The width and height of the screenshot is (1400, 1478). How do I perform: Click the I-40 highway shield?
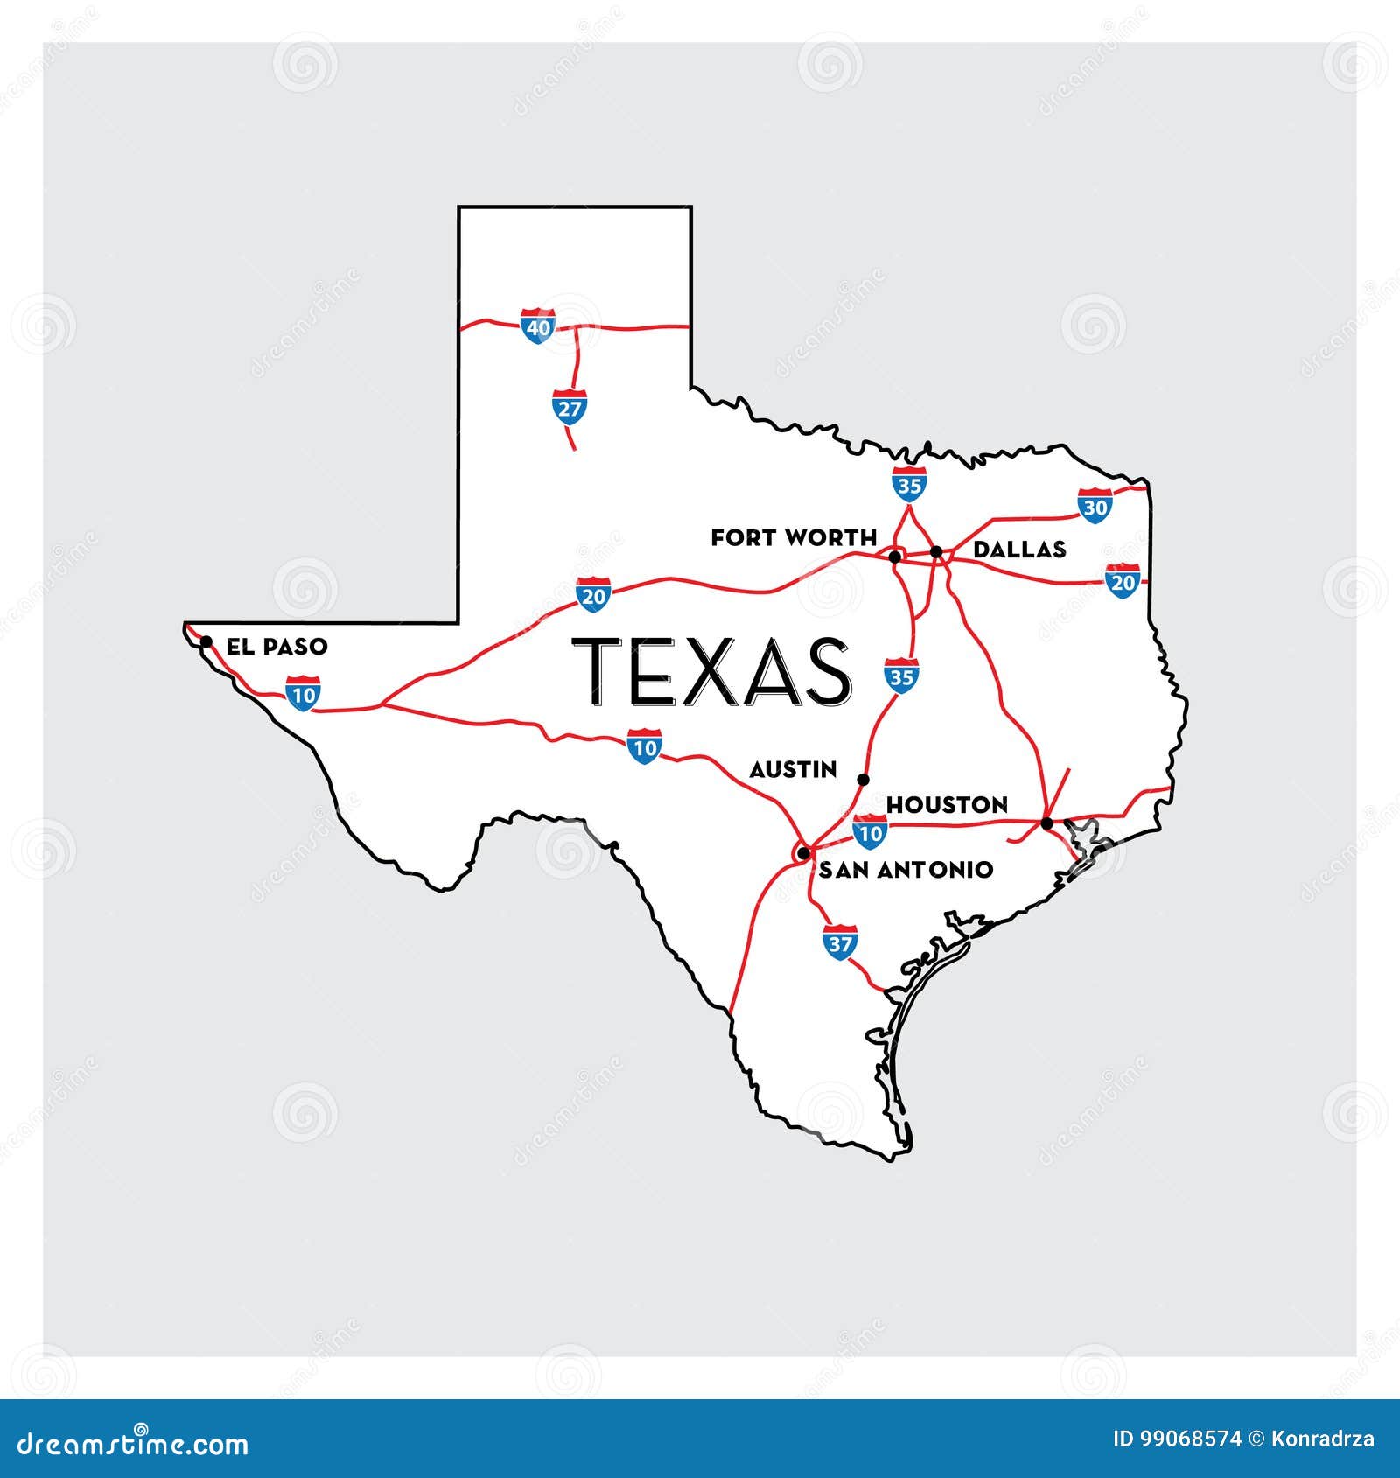coord(537,326)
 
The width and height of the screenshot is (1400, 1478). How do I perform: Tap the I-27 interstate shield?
coord(570,407)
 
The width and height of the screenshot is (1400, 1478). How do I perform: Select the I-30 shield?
coord(1095,506)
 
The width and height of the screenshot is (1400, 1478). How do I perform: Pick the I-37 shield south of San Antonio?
coord(840,943)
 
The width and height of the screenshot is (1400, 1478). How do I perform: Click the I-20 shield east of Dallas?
coord(1122,581)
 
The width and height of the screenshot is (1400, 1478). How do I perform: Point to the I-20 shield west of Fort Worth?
coord(593,595)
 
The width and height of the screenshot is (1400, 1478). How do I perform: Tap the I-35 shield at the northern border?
coord(909,483)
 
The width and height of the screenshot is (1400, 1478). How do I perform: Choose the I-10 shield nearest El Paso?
coord(303,693)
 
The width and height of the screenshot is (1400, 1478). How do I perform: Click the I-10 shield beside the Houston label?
coord(870,832)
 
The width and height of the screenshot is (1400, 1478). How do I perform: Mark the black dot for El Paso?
coord(206,641)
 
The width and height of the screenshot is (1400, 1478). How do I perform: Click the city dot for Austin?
coord(864,779)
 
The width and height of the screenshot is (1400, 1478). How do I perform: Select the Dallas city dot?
coord(936,552)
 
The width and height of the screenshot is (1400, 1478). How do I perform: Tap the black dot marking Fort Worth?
coord(894,557)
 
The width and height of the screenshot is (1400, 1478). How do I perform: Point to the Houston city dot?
coord(1046,823)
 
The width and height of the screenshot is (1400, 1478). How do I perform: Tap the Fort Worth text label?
coord(793,537)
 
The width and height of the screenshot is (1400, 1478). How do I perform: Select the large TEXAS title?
coord(710,671)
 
